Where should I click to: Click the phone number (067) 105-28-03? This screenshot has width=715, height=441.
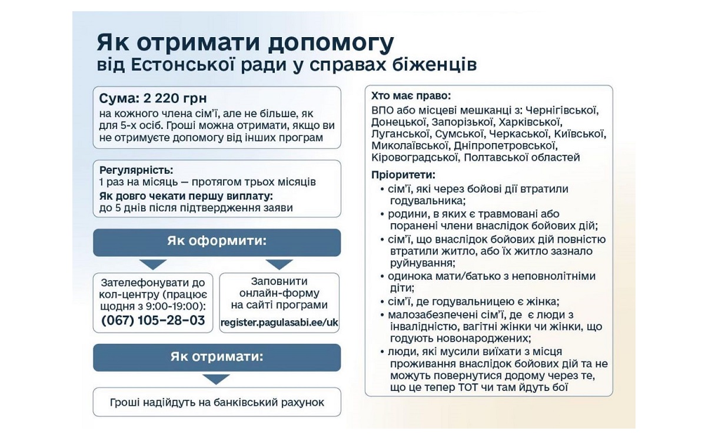(x=153, y=321)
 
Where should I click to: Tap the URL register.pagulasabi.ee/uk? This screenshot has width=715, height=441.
(x=280, y=322)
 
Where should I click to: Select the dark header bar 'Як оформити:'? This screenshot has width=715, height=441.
(x=217, y=242)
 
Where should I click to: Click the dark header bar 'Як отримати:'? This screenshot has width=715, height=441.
(x=217, y=357)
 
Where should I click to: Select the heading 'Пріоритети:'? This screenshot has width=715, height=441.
(x=403, y=175)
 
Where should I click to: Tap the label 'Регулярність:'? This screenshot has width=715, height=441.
(x=136, y=170)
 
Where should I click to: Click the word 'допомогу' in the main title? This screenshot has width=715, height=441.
(x=329, y=44)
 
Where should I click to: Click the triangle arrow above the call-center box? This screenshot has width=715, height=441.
(x=153, y=264)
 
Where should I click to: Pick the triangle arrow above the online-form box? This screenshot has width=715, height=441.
(x=279, y=264)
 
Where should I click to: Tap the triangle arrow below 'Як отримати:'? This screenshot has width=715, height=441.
(x=216, y=379)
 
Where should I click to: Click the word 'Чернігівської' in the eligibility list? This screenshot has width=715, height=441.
(x=561, y=110)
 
